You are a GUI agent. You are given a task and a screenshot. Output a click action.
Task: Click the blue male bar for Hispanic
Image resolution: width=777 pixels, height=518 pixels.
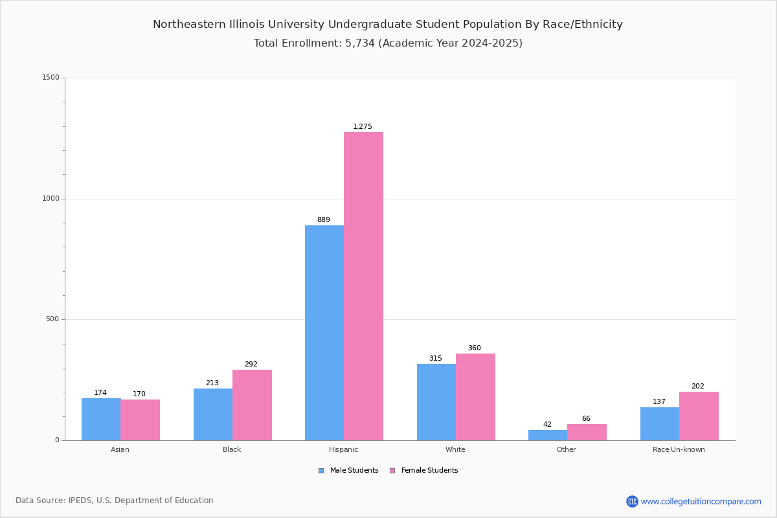tap(324, 333)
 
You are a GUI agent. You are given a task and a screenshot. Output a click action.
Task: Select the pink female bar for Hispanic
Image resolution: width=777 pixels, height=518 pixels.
tap(363, 286)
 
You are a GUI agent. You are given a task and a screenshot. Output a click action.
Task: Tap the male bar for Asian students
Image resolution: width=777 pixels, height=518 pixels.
tap(101, 420)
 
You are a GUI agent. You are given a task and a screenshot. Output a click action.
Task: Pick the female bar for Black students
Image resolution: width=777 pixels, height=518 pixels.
tap(252, 405)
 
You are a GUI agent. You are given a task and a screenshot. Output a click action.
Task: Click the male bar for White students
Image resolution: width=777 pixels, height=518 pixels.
tap(436, 403)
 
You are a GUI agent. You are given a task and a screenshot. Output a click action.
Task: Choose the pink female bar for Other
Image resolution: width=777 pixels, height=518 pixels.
tap(587, 433)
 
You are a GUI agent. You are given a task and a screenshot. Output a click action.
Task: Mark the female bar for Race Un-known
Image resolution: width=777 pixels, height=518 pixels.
tap(699, 416)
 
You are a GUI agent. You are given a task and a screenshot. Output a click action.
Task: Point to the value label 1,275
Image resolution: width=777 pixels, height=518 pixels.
tap(363, 127)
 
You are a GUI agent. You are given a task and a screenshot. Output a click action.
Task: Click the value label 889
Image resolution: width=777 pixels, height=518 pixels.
tap(324, 220)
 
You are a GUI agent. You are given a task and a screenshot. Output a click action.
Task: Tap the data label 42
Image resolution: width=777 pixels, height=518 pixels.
tap(547, 424)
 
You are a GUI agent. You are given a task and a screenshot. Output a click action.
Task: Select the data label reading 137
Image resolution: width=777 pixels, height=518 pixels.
tap(659, 401)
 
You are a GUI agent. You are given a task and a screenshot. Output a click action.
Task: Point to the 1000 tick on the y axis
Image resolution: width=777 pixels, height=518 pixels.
tap(51, 198)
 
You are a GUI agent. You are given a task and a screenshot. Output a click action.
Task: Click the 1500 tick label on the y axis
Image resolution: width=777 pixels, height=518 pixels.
tap(51, 77)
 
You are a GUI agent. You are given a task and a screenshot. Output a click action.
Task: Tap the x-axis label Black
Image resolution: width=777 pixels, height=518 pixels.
tap(232, 449)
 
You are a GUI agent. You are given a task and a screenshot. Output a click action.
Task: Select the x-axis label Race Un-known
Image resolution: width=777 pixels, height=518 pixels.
tap(679, 449)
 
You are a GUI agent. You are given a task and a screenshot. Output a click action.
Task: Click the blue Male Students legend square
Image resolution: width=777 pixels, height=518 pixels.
tap(321, 471)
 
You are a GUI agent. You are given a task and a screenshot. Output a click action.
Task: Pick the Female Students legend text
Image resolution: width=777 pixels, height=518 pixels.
tap(430, 471)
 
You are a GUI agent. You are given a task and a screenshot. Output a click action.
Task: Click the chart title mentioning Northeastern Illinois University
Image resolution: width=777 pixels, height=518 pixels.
tap(388, 25)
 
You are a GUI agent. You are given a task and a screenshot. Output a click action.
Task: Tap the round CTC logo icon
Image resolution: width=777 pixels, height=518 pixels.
tap(632, 501)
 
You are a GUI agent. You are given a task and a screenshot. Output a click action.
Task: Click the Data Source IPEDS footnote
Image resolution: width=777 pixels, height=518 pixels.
tap(115, 501)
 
